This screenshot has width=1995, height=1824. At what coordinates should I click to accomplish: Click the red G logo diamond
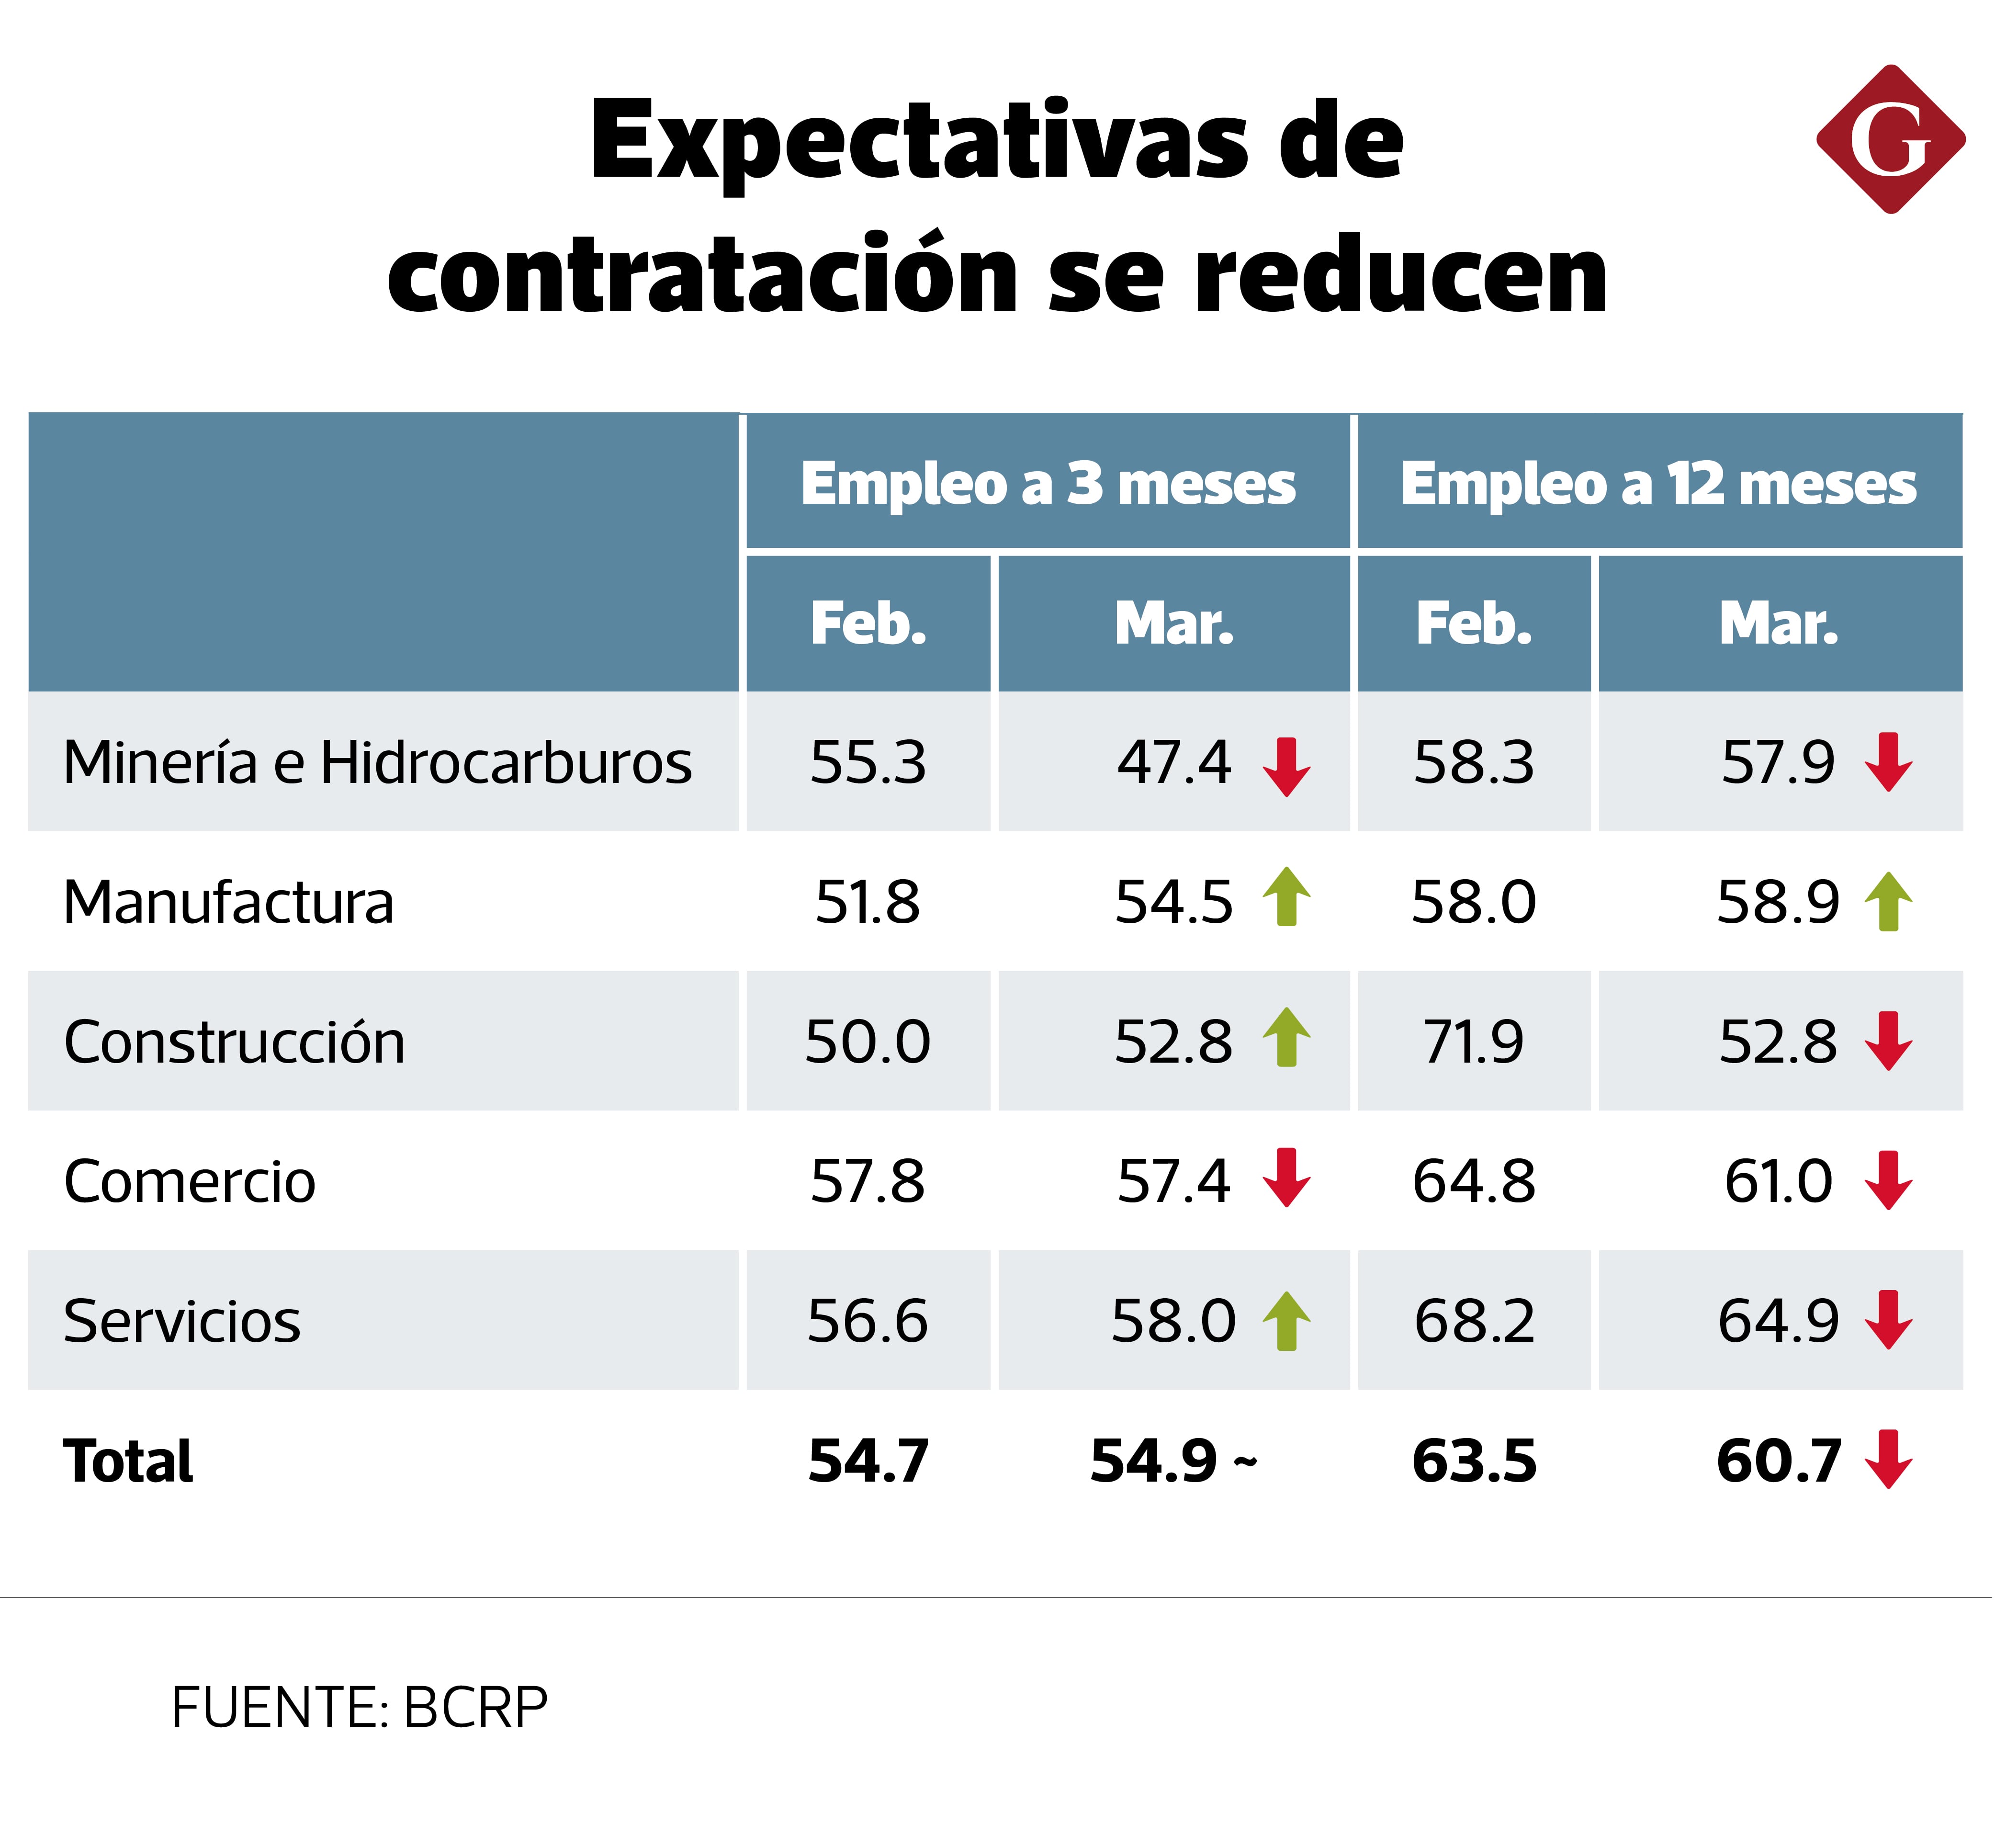[x=1890, y=139]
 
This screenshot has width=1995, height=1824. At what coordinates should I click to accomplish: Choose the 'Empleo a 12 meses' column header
[x=1658, y=484]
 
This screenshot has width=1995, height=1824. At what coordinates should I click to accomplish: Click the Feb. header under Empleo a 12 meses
[x=1474, y=623]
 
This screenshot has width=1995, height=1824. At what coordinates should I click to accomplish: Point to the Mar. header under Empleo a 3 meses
[x=1173, y=623]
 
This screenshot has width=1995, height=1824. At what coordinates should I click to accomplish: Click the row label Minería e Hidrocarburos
[x=377, y=763]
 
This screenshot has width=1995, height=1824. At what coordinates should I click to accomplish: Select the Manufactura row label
[x=228, y=903]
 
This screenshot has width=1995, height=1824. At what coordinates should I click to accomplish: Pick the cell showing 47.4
[x=1173, y=763]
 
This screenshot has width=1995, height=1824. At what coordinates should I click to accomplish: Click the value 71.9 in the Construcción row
[x=1474, y=1042]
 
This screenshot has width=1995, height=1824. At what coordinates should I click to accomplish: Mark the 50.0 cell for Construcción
[x=868, y=1042]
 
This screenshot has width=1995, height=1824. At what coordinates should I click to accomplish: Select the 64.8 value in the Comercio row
[x=1474, y=1182]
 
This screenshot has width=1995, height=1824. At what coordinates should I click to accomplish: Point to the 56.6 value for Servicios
[x=868, y=1321]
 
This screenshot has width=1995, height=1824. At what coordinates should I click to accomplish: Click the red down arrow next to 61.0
[x=1888, y=1181]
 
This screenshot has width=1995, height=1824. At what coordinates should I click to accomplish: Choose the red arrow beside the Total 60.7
[x=1888, y=1460]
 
